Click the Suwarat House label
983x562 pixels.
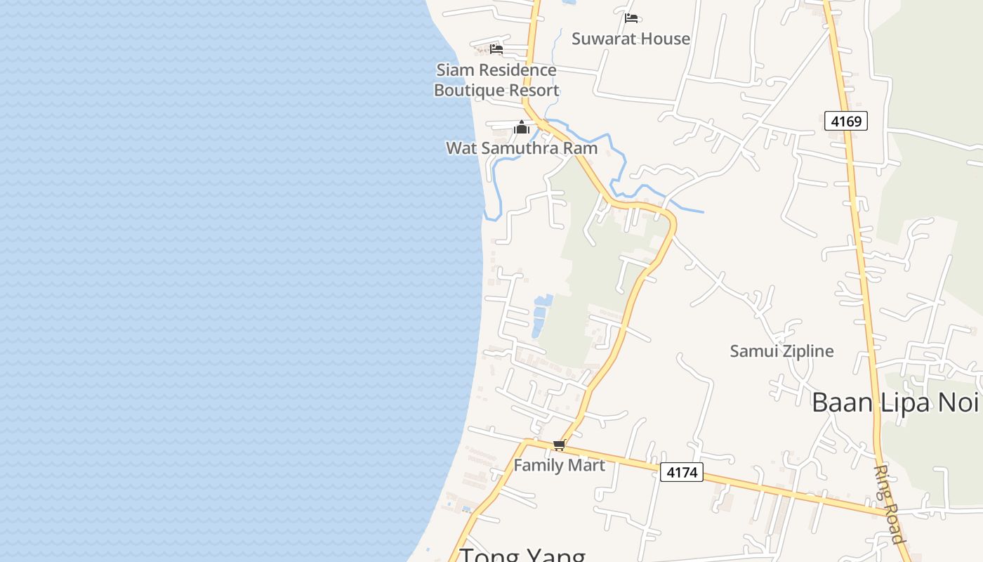pos(631,39)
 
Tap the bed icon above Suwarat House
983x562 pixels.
pos(631,18)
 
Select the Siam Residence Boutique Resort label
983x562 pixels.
pos(496,80)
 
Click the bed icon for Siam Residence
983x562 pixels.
pos(496,48)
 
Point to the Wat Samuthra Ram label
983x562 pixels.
pos(522,148)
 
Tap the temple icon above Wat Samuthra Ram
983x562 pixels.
pos(522,127)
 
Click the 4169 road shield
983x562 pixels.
pos(846,121)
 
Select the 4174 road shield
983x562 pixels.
pos(682,472)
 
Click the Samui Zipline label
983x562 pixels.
pos(781,351)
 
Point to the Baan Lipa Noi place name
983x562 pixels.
pos(895,403)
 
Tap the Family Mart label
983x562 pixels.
pos(559,465)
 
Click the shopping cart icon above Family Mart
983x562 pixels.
pos(560,445)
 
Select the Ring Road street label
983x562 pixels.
pos(888,504)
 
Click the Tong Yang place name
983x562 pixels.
pos(522,555)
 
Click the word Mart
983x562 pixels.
pos(586,465)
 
